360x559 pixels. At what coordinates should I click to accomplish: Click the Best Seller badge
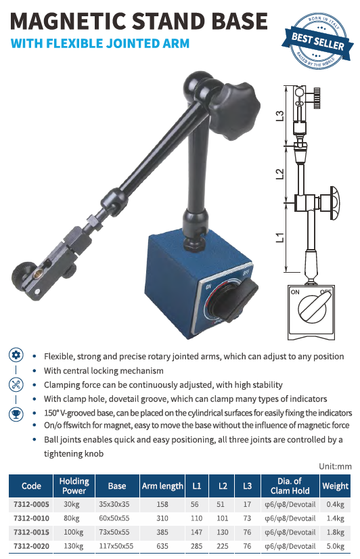(317, 41)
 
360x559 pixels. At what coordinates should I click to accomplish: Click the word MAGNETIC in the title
(68, 21)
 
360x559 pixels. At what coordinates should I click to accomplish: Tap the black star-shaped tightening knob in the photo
(235, 110)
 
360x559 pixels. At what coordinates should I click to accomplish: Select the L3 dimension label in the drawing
(281, 116)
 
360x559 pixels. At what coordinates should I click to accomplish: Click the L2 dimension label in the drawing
(281, 174)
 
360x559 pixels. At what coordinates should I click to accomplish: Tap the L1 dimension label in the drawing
(281, 237)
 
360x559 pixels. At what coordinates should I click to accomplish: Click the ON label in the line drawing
(295, 292)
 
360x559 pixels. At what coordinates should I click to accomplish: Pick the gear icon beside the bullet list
(16, 355)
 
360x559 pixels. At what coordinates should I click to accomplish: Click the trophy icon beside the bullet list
(16, 414)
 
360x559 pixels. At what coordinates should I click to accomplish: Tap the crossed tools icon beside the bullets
(16, 384)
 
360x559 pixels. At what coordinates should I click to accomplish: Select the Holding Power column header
(74, 485)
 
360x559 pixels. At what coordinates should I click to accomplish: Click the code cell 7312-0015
(31, 532)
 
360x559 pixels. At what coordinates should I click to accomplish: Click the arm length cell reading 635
(162, 546)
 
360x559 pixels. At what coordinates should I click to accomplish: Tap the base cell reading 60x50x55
(114, 518)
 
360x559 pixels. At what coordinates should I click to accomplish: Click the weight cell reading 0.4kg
(336, 504)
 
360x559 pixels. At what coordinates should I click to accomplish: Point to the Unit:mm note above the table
(335, 467)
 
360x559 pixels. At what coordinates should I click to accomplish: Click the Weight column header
(335, 485)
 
